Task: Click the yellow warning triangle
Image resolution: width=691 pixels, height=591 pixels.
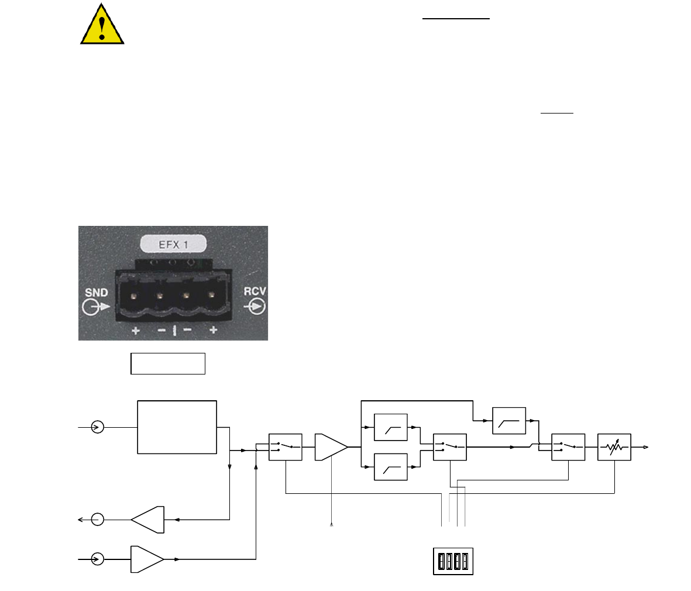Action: tap(102, 24)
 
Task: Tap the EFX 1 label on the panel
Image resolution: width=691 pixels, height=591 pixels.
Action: tap(173, 244)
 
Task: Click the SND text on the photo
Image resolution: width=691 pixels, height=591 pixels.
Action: tap(97, 293)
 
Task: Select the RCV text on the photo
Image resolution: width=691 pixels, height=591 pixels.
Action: tap(255, 291)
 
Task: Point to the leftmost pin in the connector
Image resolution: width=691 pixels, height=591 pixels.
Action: tap(133, 295)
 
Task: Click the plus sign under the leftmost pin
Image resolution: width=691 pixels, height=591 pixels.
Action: tap(136, 330)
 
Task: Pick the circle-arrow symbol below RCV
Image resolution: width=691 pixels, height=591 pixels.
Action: tap(255, 306)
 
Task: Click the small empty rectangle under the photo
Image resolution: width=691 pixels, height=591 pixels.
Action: tap(168, 363)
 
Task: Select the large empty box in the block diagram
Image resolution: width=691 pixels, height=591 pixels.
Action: tap(177, 427)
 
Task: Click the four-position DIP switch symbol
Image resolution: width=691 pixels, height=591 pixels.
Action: tap(453, 562)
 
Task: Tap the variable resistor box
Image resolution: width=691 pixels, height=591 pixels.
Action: tap(614, 447)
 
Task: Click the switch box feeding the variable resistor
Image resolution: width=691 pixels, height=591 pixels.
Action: tap(569, 447)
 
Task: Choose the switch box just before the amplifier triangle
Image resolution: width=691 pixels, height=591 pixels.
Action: tap(286, 447)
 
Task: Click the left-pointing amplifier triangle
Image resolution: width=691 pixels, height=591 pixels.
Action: tap(147, 520)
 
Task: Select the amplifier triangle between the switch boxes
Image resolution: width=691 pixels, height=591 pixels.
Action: tap(331, 447)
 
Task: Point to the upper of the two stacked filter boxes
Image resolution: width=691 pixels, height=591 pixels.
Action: tap(390, 427)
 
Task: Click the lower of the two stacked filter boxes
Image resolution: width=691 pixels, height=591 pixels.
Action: tap(390, 467)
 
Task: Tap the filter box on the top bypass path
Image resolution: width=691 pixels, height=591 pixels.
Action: tap(509, 421)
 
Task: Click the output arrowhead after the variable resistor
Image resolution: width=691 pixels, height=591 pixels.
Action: tap(645, 447)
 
